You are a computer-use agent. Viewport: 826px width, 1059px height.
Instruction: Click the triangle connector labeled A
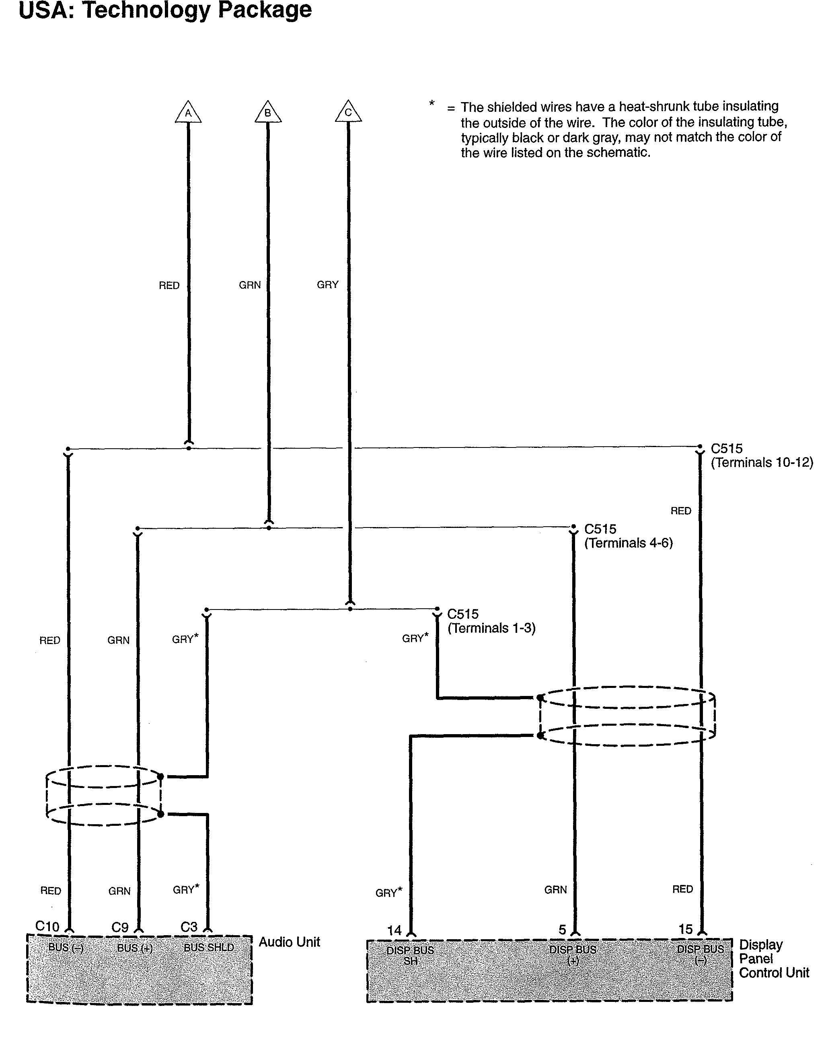[x=188, y=113]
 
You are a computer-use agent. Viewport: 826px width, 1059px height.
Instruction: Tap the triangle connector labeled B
[x=268, y=113]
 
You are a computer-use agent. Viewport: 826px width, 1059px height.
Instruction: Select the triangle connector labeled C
[x=348, y=113]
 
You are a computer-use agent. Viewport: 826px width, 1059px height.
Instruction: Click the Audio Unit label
[x=289, y=942]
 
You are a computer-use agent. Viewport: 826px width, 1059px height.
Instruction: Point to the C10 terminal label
[x=47, y=927]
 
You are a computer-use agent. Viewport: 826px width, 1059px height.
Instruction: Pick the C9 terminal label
[x=120, y=928]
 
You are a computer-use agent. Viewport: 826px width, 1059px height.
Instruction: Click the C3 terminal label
[x=189, y=927]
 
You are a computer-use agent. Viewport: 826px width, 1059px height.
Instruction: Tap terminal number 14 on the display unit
[x=395, y=930]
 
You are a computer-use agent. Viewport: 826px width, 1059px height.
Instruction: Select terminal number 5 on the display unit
[x=562, y=930]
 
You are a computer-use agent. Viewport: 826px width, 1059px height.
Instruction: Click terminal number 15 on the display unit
[x=685, y=930]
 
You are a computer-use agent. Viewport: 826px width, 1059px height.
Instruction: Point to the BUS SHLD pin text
[x=209, y=948]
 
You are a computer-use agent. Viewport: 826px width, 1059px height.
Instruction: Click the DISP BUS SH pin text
[x=410, y=955]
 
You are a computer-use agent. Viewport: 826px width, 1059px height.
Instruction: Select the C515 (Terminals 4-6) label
[x=628, y=536]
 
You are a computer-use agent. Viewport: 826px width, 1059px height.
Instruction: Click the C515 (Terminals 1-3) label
[x=491, y=621]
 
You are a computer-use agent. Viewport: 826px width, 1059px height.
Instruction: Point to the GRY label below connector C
[x=327, y=285]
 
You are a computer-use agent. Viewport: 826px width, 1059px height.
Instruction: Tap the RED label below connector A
[x=169, y=285]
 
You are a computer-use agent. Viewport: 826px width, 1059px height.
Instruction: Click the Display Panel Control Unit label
[x=774, y=958]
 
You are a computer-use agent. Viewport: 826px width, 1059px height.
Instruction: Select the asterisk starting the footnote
[x=431, y=103]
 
